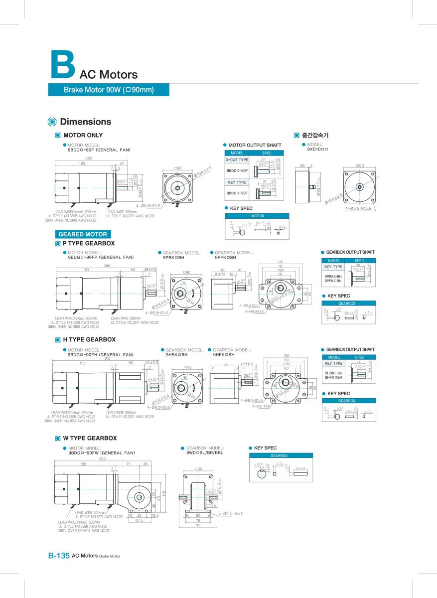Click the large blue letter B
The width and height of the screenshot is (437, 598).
point(62,64)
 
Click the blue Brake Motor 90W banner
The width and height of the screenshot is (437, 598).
point(109,90)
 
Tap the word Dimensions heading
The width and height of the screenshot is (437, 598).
point(85,122)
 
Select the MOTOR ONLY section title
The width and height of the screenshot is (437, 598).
point(83,135)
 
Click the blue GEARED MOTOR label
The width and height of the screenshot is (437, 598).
point(83,234)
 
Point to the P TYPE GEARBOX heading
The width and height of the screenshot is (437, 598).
point(88,243)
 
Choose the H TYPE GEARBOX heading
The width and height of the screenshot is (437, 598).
point(89,339)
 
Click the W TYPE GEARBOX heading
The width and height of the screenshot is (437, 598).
point(90,438)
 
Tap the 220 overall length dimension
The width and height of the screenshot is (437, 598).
point(89,158)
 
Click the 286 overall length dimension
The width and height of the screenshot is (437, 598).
point(107,266)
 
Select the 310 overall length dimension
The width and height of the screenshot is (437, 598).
point(107,358)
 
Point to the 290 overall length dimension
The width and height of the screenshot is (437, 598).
point(102,458)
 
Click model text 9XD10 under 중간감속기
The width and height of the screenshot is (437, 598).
point(317,149)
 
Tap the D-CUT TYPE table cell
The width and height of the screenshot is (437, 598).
point(237,160)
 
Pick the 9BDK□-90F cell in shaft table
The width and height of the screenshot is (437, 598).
point(237,192)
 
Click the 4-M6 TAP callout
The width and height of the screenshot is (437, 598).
point(261,406)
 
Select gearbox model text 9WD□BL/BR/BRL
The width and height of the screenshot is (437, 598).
point(205,452)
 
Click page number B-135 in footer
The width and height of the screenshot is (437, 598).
point(58,556)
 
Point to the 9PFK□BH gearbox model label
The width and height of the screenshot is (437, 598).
point(225,257)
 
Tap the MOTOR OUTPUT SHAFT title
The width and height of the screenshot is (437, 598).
point(255,145)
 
